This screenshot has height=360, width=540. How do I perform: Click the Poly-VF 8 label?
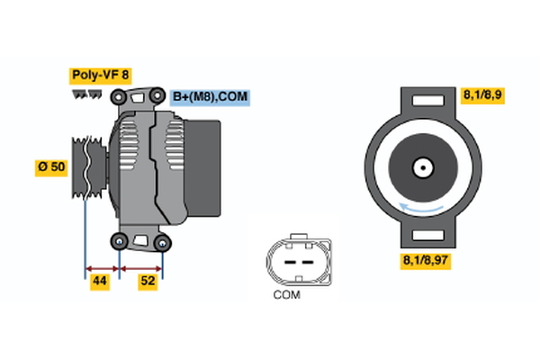100,76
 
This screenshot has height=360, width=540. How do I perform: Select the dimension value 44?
100,282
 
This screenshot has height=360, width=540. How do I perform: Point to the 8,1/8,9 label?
483,94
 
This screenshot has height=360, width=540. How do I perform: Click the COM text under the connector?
286,294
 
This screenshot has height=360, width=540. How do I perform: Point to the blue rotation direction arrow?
421,210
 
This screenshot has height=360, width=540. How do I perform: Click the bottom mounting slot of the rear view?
421,235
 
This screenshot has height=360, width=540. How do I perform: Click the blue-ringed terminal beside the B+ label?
157,94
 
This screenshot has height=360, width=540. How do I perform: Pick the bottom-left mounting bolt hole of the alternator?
120,240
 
